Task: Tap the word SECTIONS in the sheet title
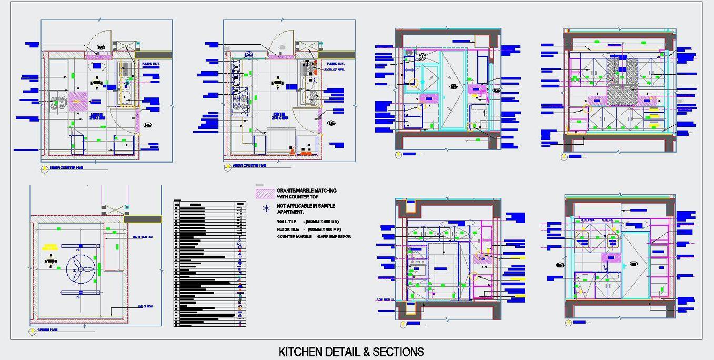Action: [398, 352]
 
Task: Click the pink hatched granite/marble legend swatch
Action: [266, 193]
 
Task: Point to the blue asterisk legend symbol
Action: [266, 208]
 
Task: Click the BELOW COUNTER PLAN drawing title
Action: [66, 169]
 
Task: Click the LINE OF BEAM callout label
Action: [145, 306]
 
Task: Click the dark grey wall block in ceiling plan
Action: [143, 219]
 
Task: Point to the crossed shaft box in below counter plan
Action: [124, 46]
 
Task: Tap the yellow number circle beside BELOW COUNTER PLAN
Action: [44, 169]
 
